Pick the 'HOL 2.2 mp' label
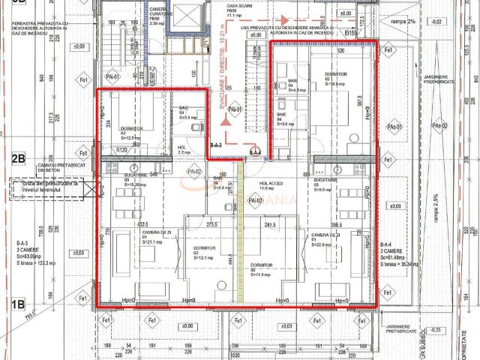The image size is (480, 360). (x=182, y=150)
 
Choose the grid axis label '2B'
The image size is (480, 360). (x=18, y=158)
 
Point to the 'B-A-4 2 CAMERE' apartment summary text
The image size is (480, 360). (x=398, y=253)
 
